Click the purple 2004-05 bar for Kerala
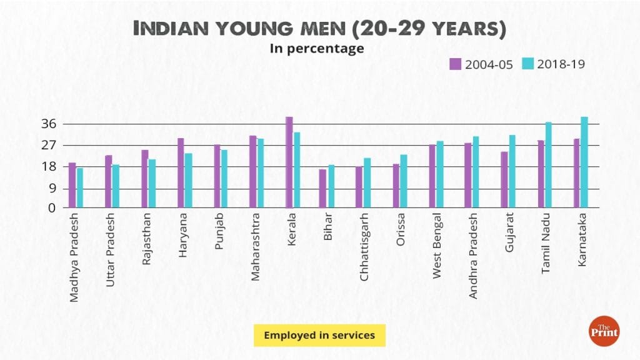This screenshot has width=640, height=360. pos(289,162)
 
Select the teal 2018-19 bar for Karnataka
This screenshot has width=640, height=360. pos(584,162)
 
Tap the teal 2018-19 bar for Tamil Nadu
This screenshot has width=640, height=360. pos(548,165)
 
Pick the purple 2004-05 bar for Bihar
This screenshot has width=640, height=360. pos(322,188)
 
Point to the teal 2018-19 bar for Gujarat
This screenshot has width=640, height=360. pos(512,171)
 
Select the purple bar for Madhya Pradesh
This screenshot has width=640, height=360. pos(72,185)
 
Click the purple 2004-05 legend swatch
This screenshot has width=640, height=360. pos(455,64)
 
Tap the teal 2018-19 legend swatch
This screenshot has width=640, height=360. pos(528,64)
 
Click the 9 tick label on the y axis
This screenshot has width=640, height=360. pos(52,188)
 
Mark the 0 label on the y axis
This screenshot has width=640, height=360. pos(53,208)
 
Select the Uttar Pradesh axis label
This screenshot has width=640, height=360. pos(110,257)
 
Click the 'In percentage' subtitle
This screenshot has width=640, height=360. pos(317,49)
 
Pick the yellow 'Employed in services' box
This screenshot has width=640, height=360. pos(319,335)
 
